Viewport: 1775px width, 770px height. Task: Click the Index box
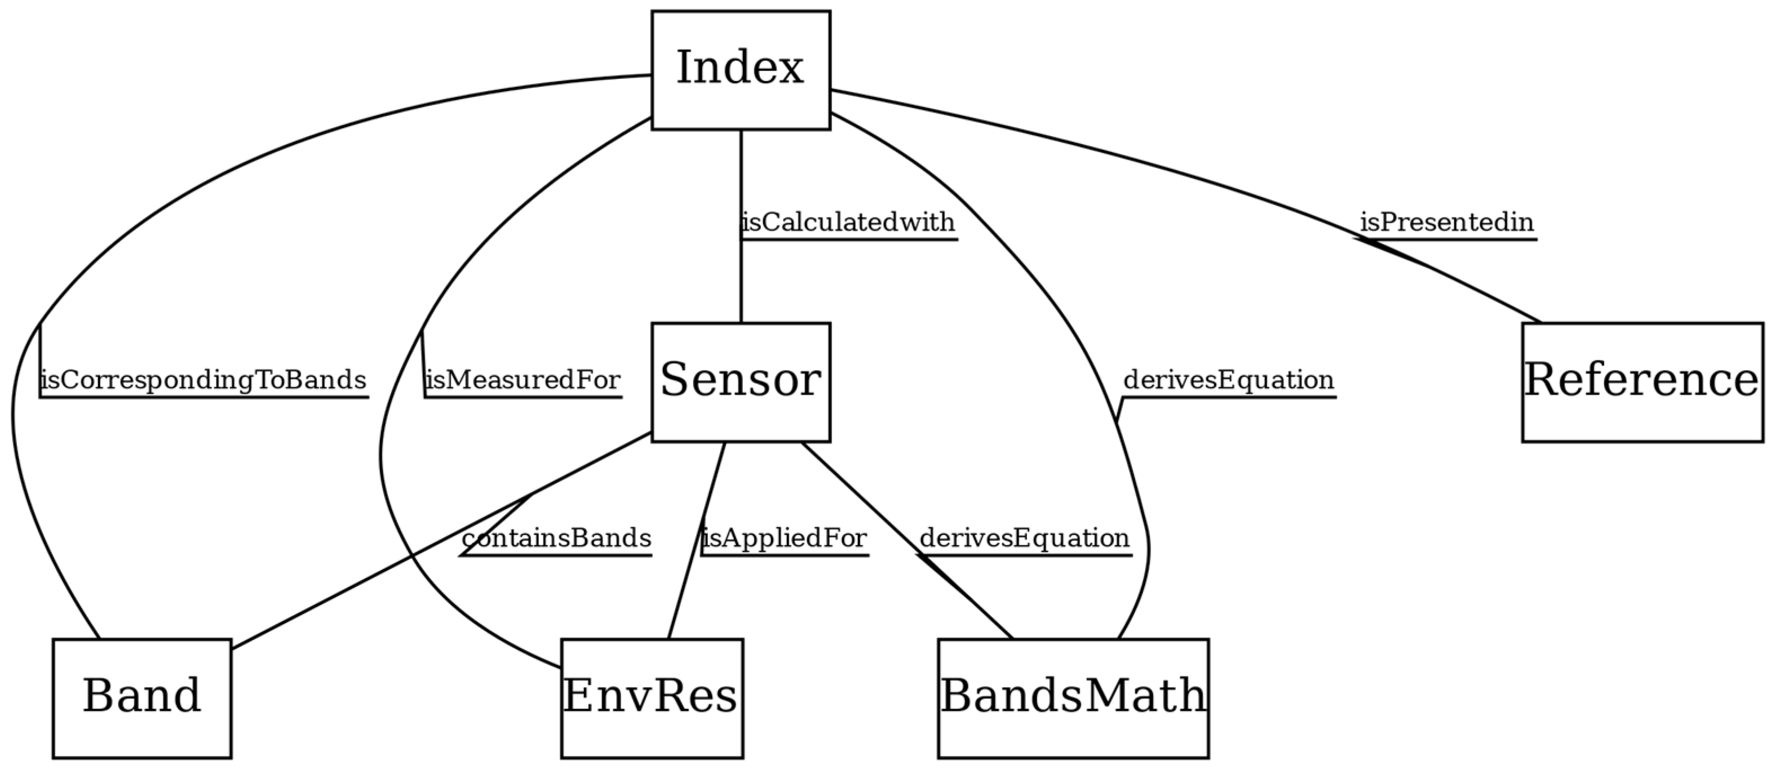[740, 69]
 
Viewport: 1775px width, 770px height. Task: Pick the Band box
[141, 698]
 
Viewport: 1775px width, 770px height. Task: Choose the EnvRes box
[651, 698]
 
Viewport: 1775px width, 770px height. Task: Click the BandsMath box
[1073, 698]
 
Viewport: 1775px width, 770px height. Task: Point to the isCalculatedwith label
[848, 223]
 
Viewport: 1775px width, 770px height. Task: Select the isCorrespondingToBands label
[203, 380]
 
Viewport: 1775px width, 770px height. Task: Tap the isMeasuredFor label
[523, 380]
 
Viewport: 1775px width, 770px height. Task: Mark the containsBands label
[556, 538]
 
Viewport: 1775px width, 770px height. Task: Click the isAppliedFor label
[784, 538]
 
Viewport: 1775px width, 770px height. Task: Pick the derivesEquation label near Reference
[1229, 380]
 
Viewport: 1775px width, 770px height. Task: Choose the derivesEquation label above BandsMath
[1025, 538]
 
